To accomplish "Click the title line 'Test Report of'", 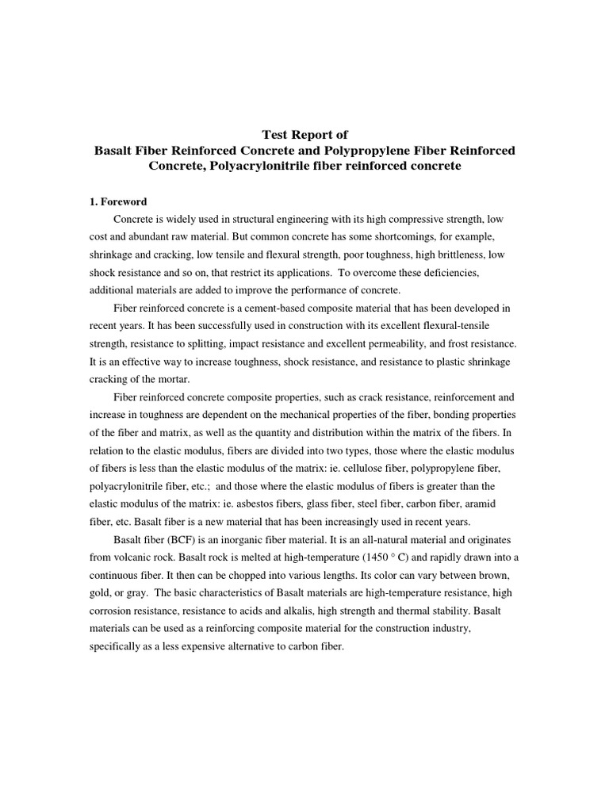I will (304, 134).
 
